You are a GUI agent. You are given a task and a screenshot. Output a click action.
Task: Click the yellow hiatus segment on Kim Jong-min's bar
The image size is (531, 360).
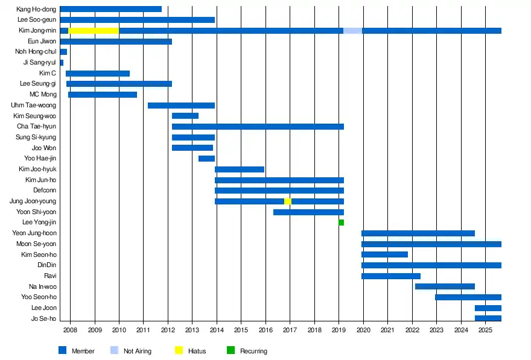point(94,31)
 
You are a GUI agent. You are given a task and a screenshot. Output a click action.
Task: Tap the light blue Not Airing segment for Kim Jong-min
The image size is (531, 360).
point(352,31)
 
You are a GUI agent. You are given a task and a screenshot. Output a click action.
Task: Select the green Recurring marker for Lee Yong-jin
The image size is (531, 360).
point(341,223)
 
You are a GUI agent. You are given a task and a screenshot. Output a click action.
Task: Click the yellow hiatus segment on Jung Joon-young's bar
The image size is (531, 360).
point(288,201)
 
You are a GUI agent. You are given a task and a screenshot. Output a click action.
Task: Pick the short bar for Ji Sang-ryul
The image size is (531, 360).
point(62,63)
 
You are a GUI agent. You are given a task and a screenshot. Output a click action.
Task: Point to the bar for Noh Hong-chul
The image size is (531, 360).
point(63,52)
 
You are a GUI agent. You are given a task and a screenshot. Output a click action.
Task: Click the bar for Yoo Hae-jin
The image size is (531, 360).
point(206,159)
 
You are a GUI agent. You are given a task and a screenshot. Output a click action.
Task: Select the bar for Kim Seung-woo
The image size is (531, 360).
point(185,116)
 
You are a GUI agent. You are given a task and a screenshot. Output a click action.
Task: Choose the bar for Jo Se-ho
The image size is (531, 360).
point(488,318)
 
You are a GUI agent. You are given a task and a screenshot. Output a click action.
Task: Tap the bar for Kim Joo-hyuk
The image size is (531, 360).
point(240,169)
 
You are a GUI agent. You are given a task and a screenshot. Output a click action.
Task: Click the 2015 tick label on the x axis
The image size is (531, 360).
point(241,330)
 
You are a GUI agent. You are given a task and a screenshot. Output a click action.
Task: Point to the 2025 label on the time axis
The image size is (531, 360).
point(485,330)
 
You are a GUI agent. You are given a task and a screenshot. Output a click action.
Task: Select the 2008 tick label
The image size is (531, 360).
point(70,330)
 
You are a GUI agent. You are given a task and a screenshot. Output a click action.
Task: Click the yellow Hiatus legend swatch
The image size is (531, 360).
point(179,350)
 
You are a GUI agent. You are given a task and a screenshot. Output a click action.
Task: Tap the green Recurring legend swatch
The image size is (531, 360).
point(231,350)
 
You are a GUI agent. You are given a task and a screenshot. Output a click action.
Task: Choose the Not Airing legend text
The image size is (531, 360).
point(138,351)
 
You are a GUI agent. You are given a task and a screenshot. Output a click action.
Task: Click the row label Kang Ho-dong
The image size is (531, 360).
point(37,9)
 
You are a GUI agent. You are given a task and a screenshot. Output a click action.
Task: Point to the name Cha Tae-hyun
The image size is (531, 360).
point(36,127)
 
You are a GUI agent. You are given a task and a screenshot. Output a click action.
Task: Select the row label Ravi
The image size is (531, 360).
point(50,276)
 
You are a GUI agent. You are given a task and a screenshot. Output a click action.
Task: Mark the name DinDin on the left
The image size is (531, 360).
point(46,265)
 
